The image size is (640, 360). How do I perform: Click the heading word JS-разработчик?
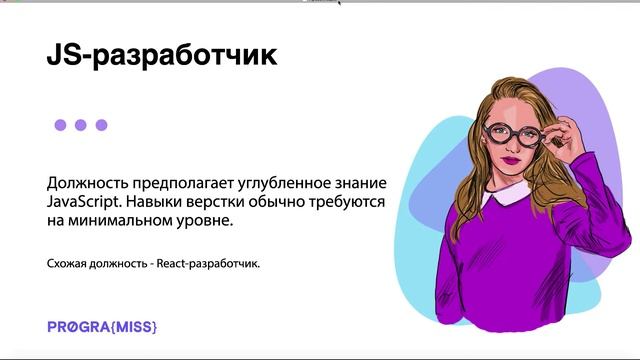point(161,56)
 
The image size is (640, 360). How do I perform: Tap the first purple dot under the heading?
point(60,125)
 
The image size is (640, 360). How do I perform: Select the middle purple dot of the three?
point(81,125)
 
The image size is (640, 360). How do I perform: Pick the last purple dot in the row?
point(101,125)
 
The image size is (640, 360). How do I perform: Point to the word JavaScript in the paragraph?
point(84,203)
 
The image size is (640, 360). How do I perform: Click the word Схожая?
point(67,264)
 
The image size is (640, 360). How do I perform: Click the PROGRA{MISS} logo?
point(102,327)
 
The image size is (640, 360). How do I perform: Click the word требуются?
point(348,203)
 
